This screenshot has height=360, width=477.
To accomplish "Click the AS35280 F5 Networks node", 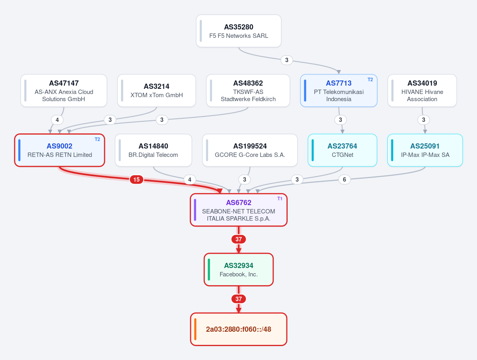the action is [239, 31].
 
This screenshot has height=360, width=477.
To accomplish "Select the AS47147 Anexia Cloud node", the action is [64, 91].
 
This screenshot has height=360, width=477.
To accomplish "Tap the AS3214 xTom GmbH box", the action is [156, 91].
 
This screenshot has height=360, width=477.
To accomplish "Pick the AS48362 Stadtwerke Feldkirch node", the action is [248, 91].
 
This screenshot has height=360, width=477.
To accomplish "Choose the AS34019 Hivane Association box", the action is [422, 91].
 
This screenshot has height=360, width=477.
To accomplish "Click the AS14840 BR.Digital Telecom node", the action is [153, 151].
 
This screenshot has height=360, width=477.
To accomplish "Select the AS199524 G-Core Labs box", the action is [250, 151].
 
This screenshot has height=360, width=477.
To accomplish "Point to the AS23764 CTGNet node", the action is [342, 151].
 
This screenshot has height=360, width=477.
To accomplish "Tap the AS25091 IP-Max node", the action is [425, 151].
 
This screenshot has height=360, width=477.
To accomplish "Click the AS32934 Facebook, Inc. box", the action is [239, 270].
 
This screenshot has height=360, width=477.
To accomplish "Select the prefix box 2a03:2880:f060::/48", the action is [239, 329].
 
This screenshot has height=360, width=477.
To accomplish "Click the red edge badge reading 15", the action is [136, 179].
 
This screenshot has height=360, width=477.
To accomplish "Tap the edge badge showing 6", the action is [345, 179].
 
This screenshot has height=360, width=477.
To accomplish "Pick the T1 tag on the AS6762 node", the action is [280, 199].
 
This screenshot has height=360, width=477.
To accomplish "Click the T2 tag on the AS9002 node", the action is [97, 139].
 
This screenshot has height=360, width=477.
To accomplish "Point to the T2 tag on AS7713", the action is [370, 80].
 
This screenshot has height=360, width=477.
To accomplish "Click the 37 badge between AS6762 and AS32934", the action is [239, 239].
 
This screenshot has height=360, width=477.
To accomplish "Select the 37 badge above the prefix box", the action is [239, 299].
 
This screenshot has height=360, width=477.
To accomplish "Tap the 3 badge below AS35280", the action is [286, 60].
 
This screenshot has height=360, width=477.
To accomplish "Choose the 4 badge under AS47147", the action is [57, 120].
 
